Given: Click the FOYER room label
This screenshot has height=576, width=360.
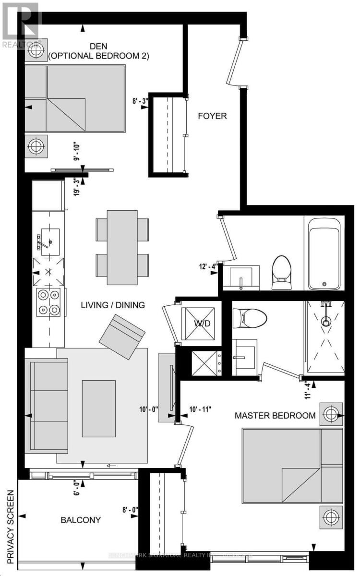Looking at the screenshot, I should tap(213, 116).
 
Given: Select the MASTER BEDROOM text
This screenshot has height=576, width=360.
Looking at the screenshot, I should tap(275, 415).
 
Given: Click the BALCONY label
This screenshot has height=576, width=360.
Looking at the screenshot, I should tap(81, 520).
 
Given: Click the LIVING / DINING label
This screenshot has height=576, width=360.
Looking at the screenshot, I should tap(113, 305).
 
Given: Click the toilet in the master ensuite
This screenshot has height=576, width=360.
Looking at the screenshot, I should tap(250, 317).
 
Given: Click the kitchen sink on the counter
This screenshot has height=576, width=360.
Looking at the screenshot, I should tap(49, 238).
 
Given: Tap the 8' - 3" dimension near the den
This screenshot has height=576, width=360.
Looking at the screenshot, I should tap(141, 101).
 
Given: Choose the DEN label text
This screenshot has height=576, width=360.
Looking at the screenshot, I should tap(99, 46).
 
